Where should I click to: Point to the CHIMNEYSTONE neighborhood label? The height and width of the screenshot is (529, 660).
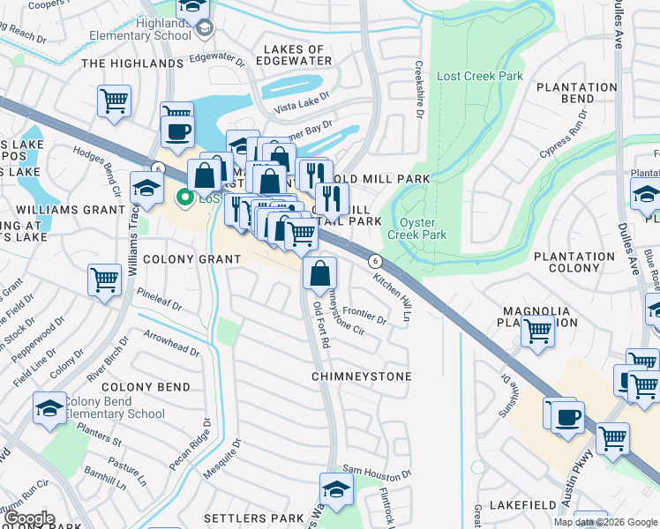coord(361,376)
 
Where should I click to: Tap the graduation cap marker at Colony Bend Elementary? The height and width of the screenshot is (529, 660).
coord(49,407)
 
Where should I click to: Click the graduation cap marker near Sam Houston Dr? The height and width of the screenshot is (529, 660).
coord(336,488)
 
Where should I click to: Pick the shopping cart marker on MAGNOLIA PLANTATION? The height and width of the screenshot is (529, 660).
coord(536,332)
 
